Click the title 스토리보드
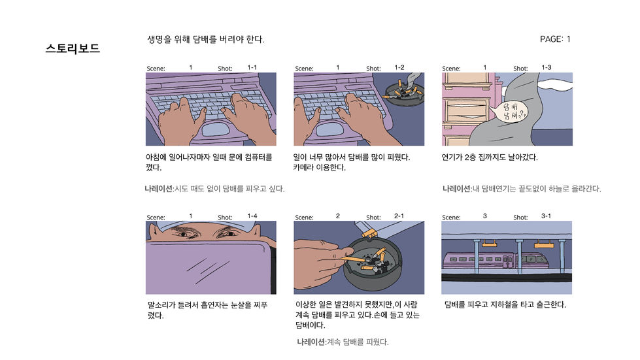(x=73, y=48)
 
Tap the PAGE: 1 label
(x=555, y=39)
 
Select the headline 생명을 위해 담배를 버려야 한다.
(x=206, y=40)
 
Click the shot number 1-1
(x=252, y=67)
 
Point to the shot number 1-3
(x=546, y=67)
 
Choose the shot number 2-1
(x=399, y=216)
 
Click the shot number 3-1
(x=546, y=216)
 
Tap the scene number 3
(x=485, y=216)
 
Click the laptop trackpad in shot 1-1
(x=218, y=129)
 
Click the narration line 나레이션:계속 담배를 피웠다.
(x=343, y=342)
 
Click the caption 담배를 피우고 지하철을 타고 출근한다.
(x=505, y=304)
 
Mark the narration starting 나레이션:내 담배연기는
(x=521, y=189)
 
